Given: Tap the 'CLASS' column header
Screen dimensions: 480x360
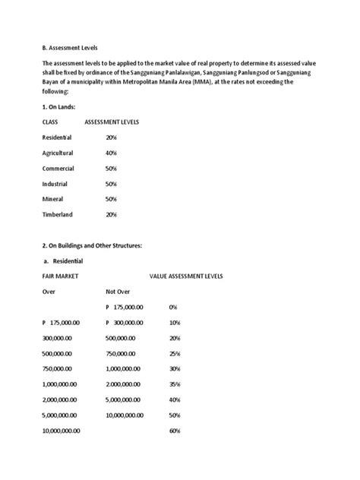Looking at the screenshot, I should click(51, 122).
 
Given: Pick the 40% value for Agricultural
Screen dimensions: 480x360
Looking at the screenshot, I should click(112, 153).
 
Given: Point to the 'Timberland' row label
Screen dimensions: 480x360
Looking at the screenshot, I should click(58, 215).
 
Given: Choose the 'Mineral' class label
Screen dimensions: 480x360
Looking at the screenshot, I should click(54, 199).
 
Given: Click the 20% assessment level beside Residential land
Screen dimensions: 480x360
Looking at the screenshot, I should click(112, 137).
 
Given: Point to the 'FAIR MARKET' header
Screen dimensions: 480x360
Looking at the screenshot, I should click(62, 276).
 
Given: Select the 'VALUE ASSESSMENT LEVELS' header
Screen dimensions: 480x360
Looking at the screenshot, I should click(186, 276).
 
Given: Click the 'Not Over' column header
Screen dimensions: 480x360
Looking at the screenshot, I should click(118, 292).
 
